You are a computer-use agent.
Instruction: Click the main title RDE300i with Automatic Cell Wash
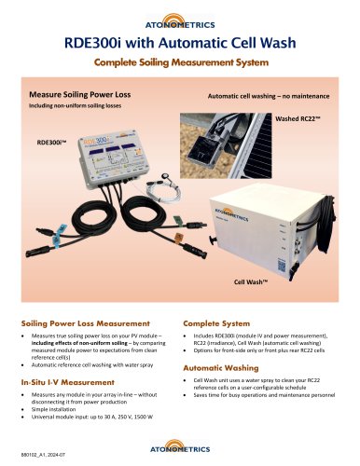(179, 42)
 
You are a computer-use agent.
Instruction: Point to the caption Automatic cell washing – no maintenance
(264, 96)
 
